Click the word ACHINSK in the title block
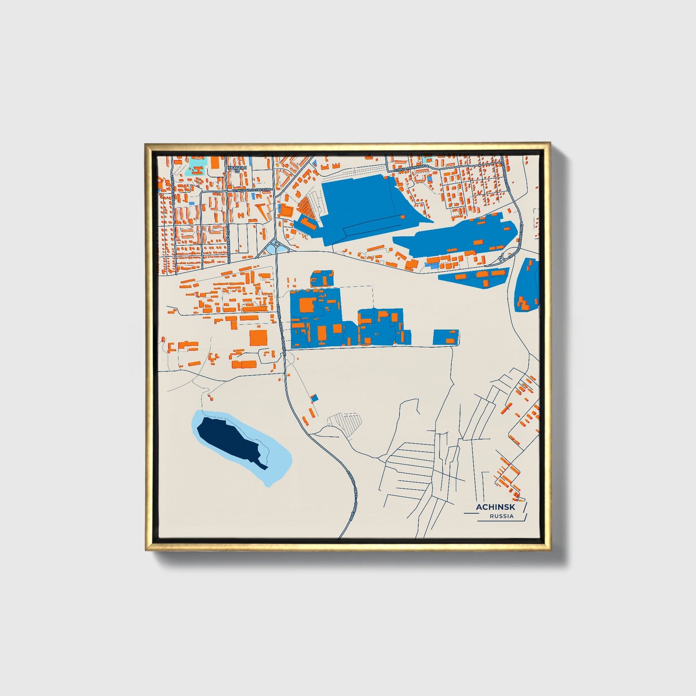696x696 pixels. point(495,507)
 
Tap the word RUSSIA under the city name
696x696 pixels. point(501,516)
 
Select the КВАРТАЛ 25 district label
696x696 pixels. point(236,169)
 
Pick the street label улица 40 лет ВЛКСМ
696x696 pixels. point(251,190)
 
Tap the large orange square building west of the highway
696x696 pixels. point(258,338)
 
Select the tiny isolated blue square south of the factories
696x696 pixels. point(315,398)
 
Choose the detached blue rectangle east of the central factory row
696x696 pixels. point(446,337)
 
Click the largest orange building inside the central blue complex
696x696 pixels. point(307,305)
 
